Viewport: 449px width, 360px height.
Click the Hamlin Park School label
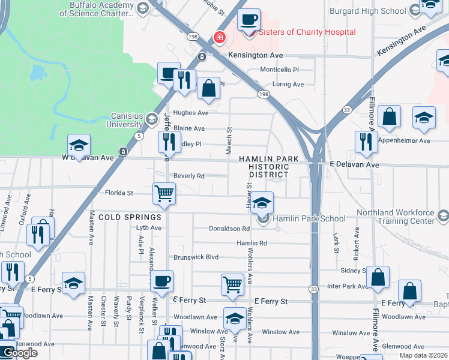point(309,220)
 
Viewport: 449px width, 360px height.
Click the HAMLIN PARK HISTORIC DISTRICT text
point(265,166)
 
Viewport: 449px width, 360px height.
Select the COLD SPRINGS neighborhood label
point(130,217)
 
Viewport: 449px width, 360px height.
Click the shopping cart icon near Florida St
point(164,193)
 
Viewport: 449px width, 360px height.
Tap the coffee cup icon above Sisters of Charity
point(249,19)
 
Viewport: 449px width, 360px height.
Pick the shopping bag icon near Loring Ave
point(208,88)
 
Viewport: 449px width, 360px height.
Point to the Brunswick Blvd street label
point(196,257)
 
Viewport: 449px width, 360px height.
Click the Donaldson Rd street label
point(229,229)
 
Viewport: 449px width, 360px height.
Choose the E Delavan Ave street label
point(354,164)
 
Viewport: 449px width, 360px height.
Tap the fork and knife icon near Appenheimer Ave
point(366,142)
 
